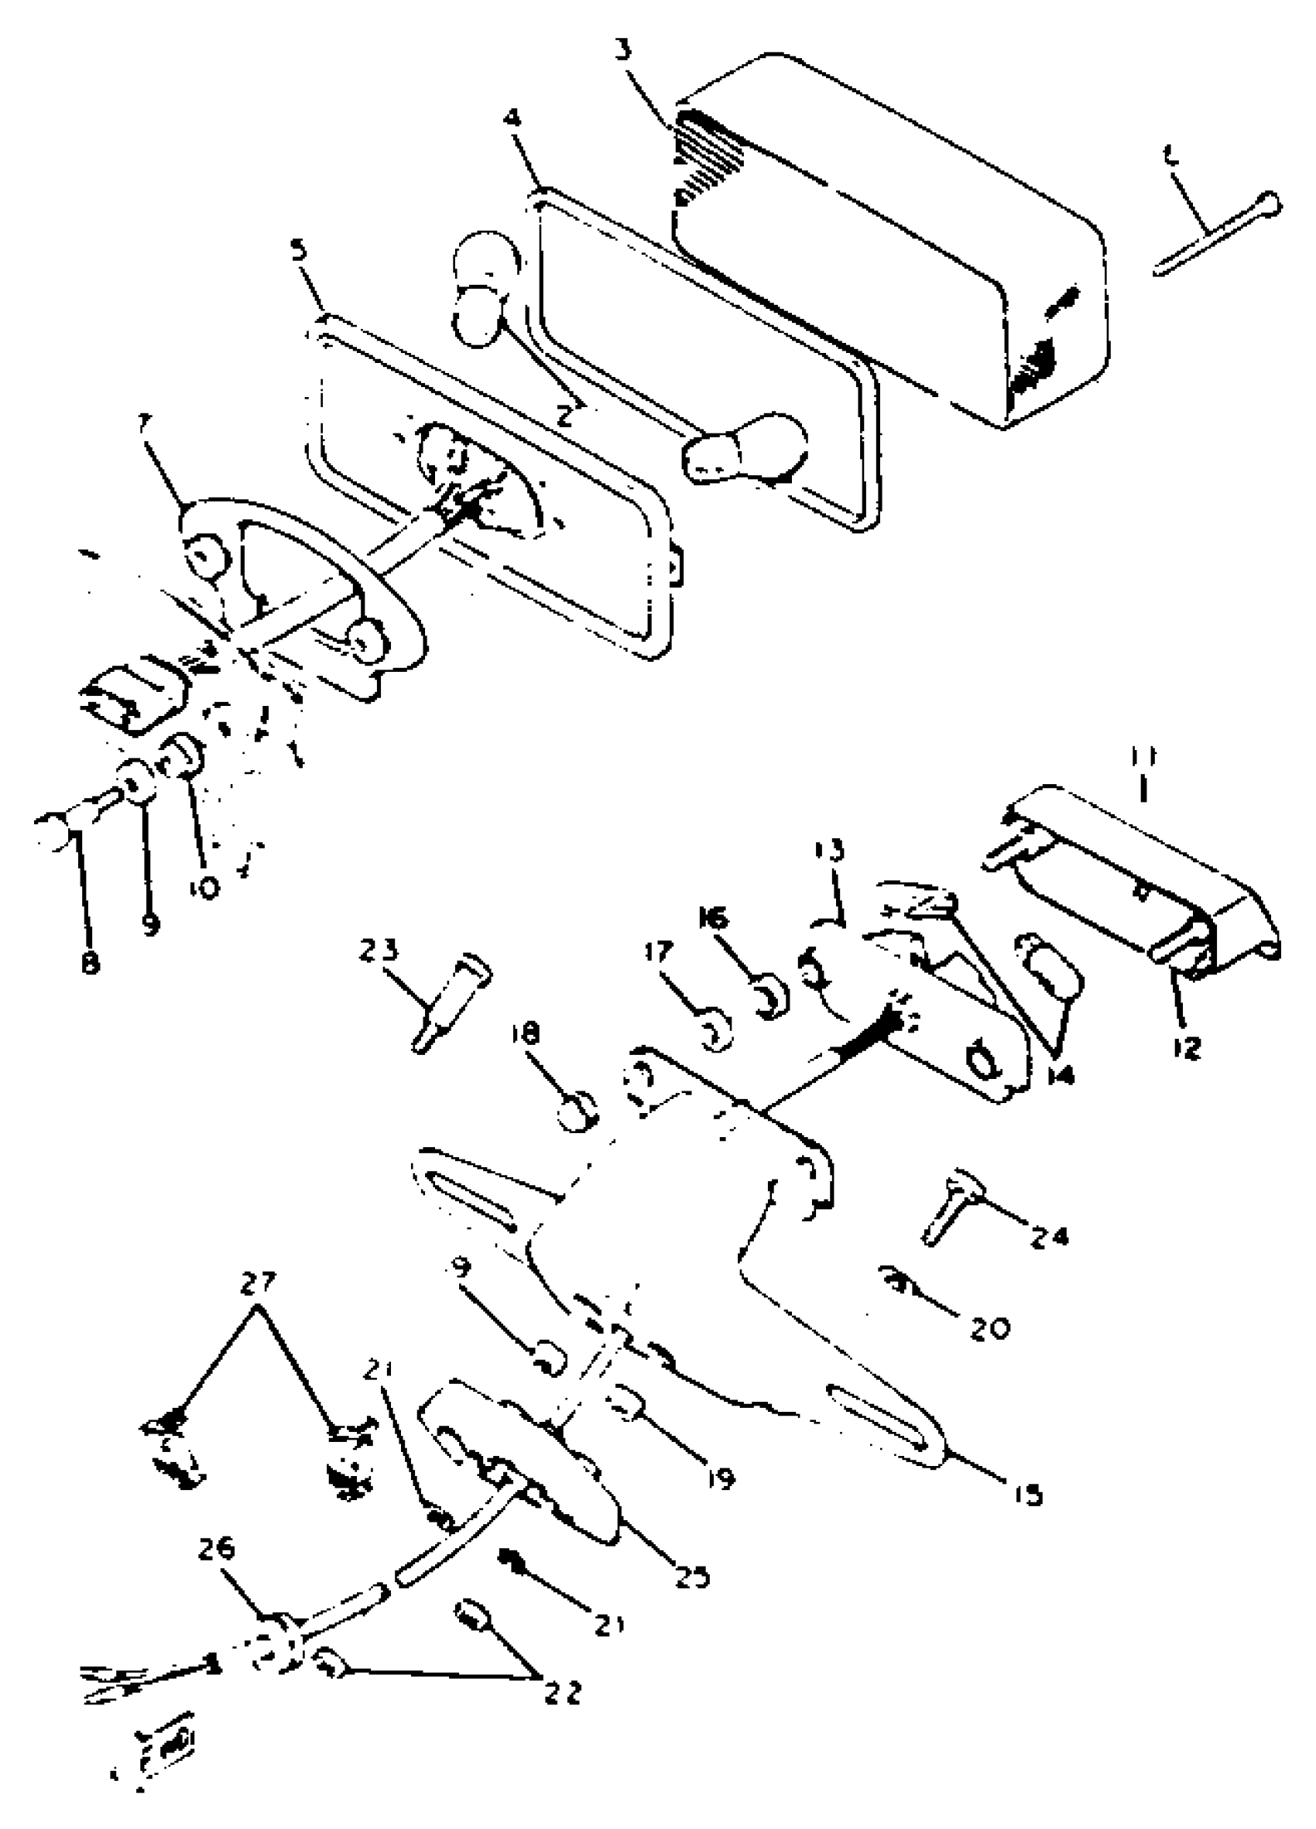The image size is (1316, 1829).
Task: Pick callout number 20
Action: (x=989, y=1328)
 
